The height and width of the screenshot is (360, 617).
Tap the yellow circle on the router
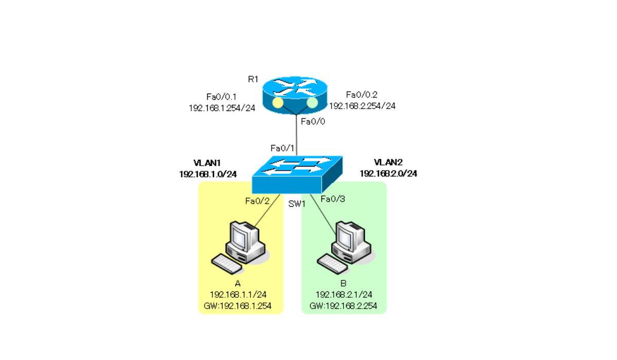coord(278,103)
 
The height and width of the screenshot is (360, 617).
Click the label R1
coord(252,79)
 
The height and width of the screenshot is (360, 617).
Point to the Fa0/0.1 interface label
coord(222,97)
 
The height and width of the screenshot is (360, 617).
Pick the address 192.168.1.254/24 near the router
coord(222,109)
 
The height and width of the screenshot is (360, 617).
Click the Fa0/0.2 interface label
coord(361,95)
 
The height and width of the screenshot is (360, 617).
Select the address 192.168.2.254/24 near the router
coord(362,106)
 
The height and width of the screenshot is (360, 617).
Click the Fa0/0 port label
coord(313,122)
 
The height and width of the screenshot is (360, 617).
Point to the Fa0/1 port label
coord(283,148)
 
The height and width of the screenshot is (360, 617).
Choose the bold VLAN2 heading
coord(388,163)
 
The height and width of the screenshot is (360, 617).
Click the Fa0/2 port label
coord(258,201)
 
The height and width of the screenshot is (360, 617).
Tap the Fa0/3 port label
coord(333,199)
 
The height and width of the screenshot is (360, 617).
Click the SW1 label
coord(297,204)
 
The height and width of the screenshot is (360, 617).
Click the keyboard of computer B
coord(332,263)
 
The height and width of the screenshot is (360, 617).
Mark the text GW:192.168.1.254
coord(241,307)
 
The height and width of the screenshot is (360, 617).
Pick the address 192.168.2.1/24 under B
coord(343,295)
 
